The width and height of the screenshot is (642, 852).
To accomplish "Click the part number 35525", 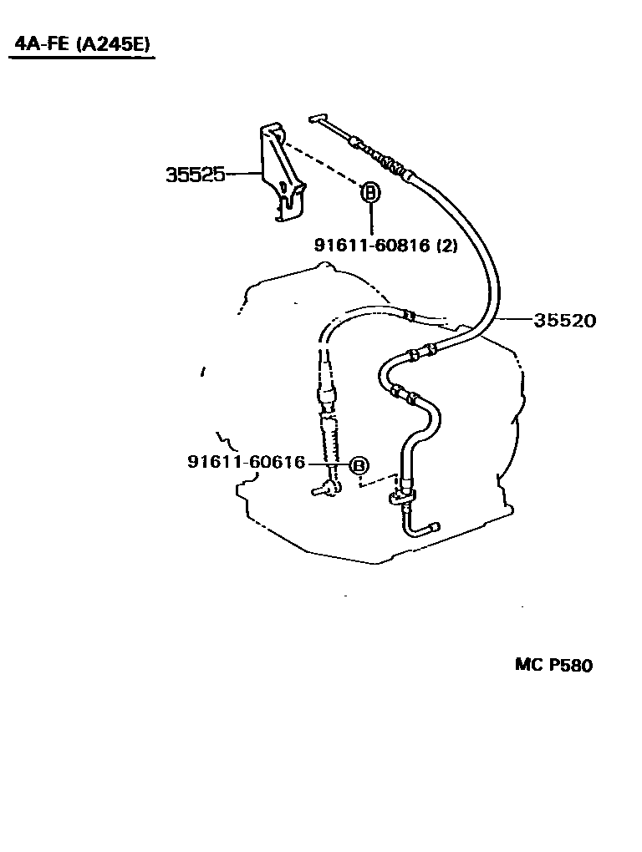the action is (x=195, y=175).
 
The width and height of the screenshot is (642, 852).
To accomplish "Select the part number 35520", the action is (x=565, y=321).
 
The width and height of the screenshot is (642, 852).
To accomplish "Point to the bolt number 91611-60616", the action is (x=247, y=462).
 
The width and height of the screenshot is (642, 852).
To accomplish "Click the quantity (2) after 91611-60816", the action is (x=446, y=246).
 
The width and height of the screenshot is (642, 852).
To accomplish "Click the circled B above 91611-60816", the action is (x=369, y=192).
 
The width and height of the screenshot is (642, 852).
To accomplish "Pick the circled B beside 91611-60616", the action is (x=359, y=465).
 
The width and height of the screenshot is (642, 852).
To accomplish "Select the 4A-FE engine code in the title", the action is (x=43, y=43).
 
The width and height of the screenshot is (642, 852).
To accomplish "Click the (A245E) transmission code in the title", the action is (x=113, y=43).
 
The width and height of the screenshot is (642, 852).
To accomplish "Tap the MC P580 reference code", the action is (x=553, y=665).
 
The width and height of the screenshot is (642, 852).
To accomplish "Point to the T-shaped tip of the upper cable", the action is (x=317, y=119).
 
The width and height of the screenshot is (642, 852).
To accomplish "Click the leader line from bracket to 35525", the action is (x=243, y=174).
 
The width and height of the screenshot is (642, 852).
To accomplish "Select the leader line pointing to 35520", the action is (x=515, y=319).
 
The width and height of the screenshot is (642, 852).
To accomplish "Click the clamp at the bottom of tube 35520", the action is (x=403, y=495).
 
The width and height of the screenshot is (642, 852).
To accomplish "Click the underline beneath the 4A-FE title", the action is (x=83, y=58).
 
